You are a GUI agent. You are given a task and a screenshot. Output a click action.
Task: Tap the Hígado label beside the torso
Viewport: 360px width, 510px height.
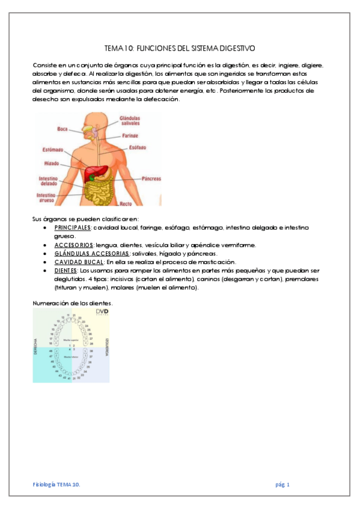tap(52, 162)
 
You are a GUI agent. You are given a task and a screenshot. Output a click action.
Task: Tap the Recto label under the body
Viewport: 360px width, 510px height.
tap(126, 204)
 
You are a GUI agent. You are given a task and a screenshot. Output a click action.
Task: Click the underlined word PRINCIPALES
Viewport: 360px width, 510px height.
tap(73, 228)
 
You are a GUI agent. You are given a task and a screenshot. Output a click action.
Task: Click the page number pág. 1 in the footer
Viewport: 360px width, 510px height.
tap(282, 484)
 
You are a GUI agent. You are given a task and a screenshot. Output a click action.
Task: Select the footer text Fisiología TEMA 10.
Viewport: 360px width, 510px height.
tap(56, 484)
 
